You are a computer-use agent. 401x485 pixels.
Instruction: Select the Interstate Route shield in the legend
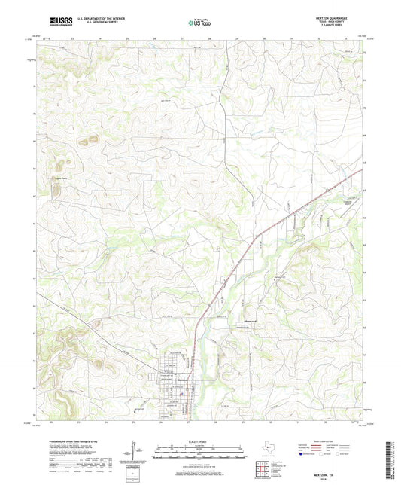(x=302, y=454)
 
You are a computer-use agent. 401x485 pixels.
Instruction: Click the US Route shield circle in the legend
(x=321, y=454)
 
